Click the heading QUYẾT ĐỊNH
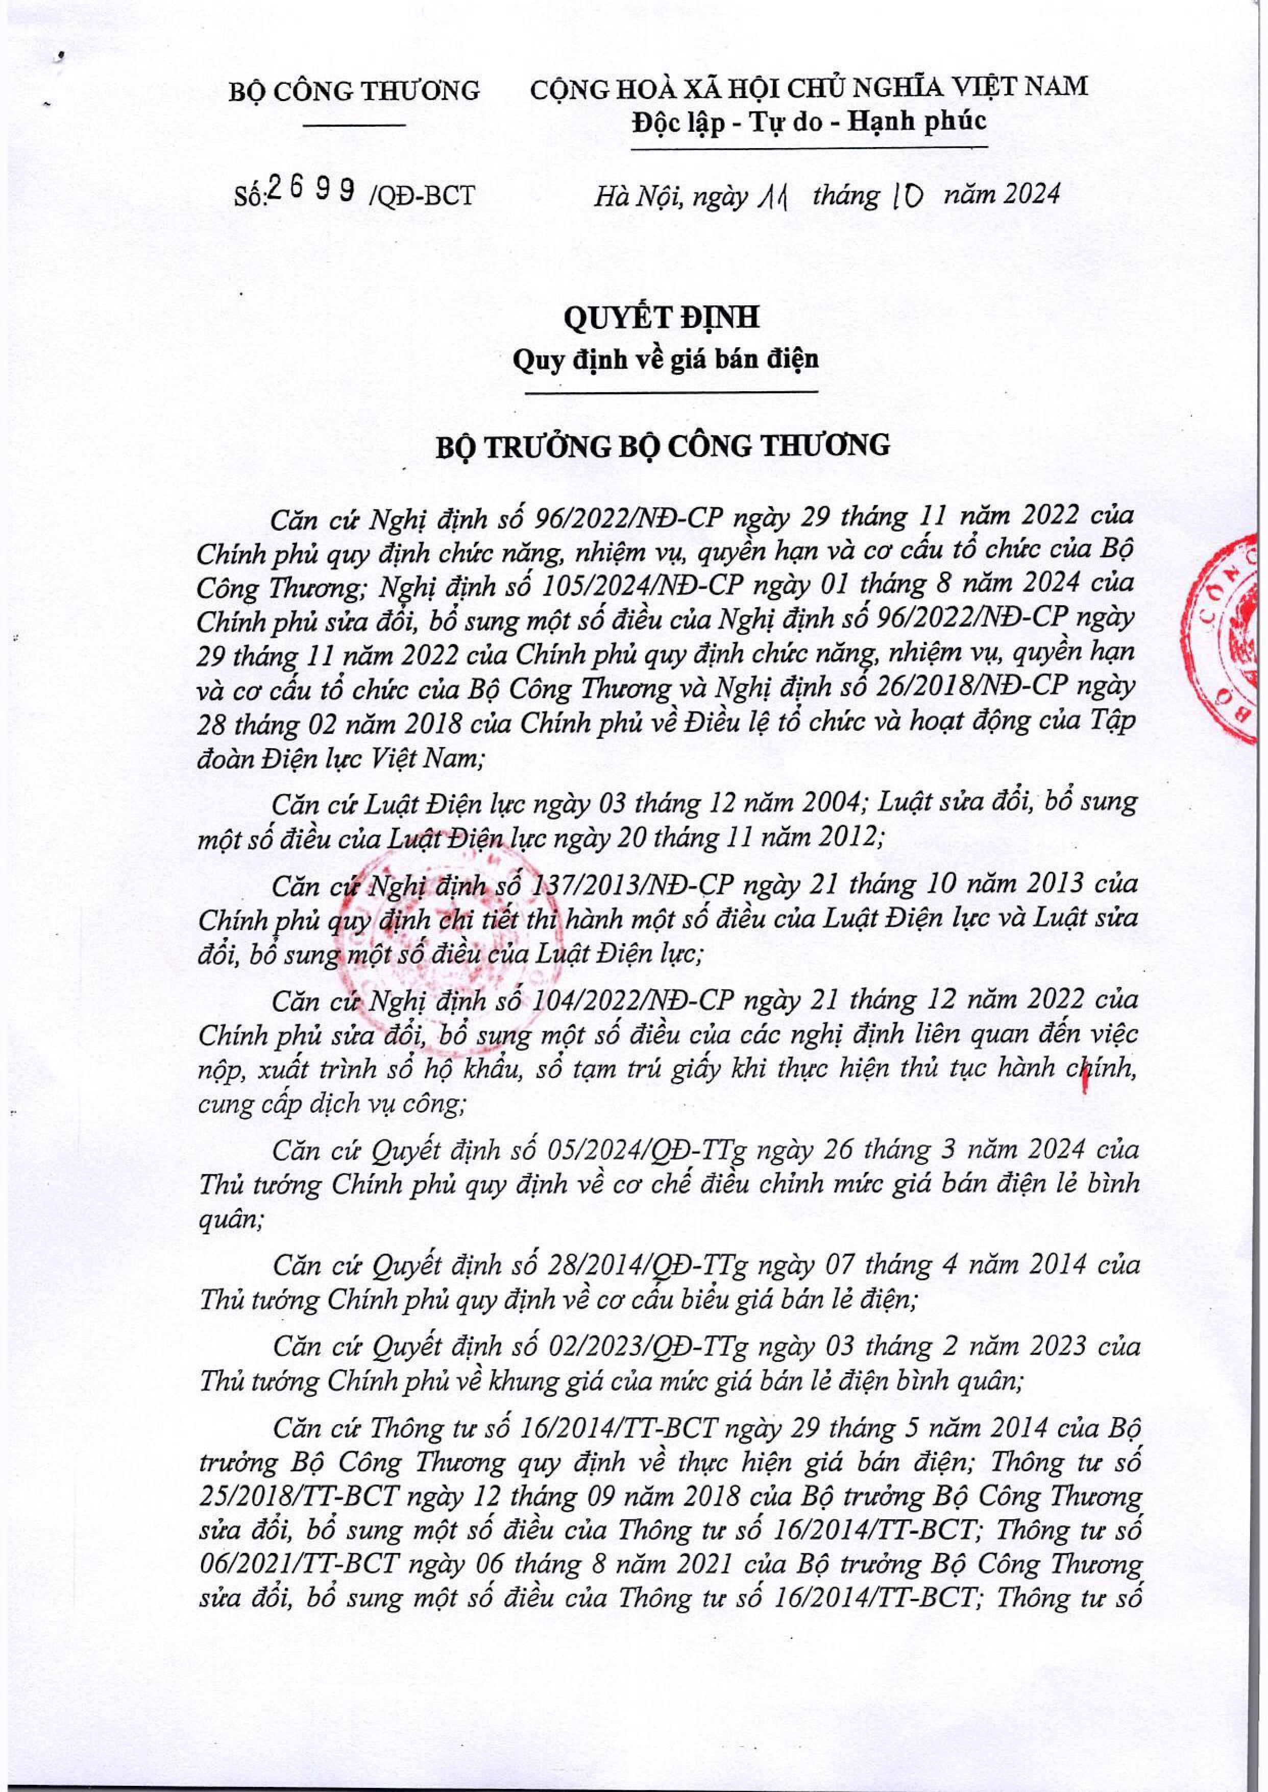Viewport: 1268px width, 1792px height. pos(662,320)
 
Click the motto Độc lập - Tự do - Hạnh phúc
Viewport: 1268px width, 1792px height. pos(809,121)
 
